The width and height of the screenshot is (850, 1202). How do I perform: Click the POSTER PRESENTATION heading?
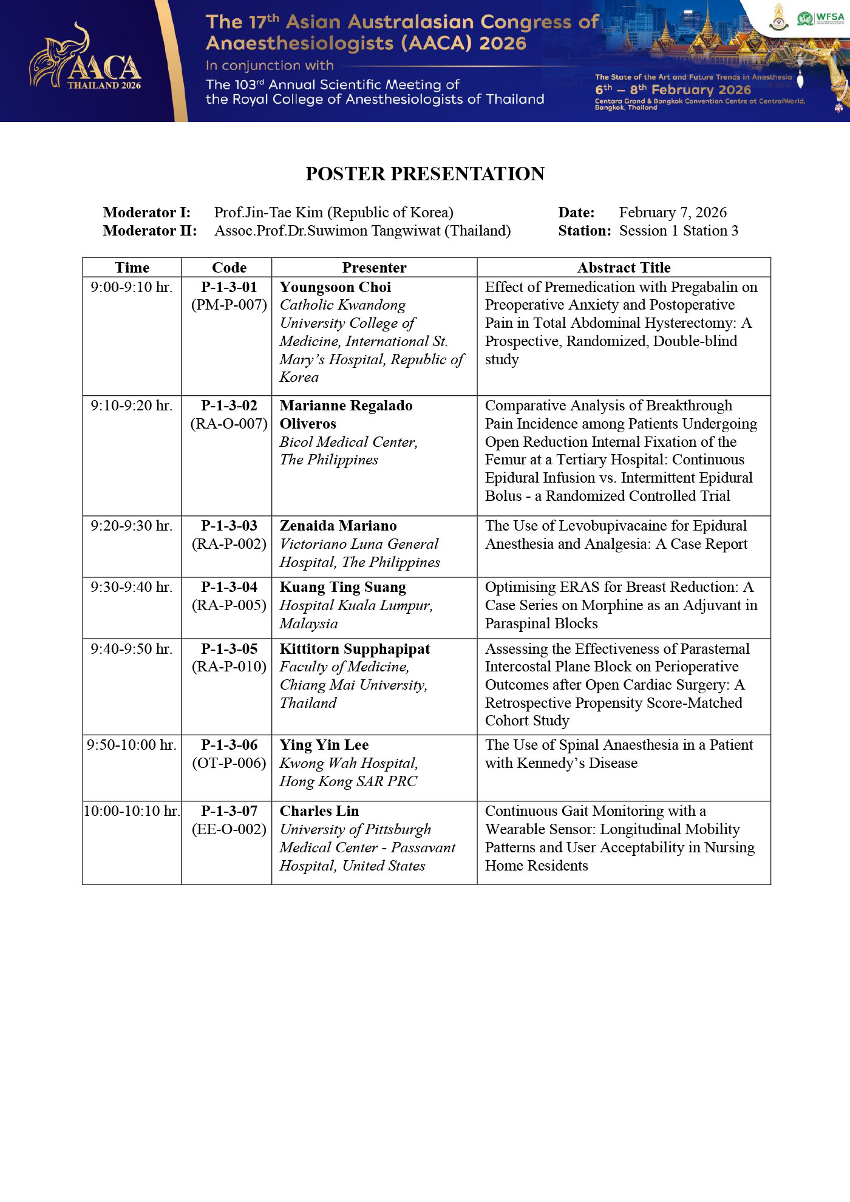pyautogui.click(x=425, y=174)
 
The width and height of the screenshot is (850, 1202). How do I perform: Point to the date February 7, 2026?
pyautogui.click(x=673, y=212)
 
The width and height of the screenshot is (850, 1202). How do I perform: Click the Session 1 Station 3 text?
pyautogui.click(x=679, y=231)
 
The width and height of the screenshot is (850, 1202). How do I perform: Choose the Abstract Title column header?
pyautogui.click(x=624, y=268)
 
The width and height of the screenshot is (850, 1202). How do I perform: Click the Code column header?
pyautogui.click(x=229, y=268)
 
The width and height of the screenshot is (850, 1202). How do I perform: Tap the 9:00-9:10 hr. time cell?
pyautogui.click(x=132, y=287)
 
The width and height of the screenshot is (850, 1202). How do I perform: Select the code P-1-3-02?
pyautogui.click(x=229, y=406)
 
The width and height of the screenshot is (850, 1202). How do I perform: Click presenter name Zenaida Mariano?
pyautogui.click(x=338, y=526)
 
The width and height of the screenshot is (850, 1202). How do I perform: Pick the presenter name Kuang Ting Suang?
pyautogui.click(x=342, y=587)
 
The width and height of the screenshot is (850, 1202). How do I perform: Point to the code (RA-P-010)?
pyautogui.click(x=229, y=667)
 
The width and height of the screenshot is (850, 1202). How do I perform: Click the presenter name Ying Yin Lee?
pyautogui.click(x=324, y=745)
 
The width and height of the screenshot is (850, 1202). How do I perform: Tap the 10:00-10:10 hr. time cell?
pyautogui.click(x=132, y=811)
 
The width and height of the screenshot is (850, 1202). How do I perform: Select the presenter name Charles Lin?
pyautogui.click(x=319, y=811)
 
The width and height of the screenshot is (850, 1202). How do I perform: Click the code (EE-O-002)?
pyautogui.click(x=229, y=829)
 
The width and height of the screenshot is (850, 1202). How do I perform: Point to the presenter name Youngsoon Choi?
pyautogui.click(x=335, y=287)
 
